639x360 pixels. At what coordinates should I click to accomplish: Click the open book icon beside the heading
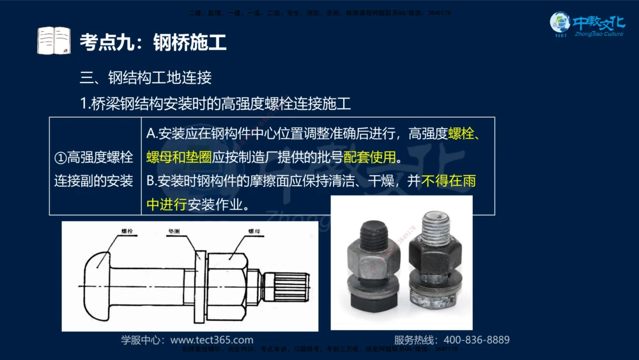[x=53, y=42]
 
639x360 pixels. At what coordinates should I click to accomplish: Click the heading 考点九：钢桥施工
[x=153, y=43]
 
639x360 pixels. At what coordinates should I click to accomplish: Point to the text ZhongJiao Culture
[x=599, y=34]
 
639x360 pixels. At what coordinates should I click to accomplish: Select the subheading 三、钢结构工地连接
[x=145, y=78]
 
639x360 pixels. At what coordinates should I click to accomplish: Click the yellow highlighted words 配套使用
[x=369, y=157]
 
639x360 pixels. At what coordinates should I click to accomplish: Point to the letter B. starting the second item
[x=151, y=181]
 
